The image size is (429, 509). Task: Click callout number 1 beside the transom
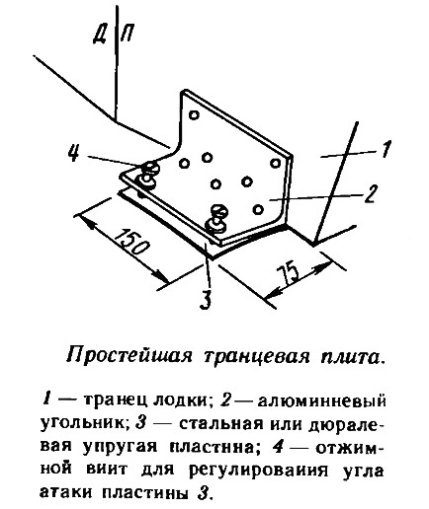tap(386, 150)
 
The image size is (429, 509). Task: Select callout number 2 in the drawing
tap(371, 194)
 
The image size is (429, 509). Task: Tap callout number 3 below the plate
tap(206, 300)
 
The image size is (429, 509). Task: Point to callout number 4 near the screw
tap(73, 153)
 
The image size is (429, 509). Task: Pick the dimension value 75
tap(289, 273)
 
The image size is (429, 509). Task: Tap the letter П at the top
tap(128, 34)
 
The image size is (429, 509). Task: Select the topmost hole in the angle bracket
tap(194, 115)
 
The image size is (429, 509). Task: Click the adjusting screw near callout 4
tap(148, 175)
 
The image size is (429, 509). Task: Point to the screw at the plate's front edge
tap(215, 218)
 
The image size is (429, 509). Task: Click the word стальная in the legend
tap(221, 425)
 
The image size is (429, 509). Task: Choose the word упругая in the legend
tap(122, 448)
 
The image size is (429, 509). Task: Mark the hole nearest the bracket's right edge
tap(275, 163)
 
